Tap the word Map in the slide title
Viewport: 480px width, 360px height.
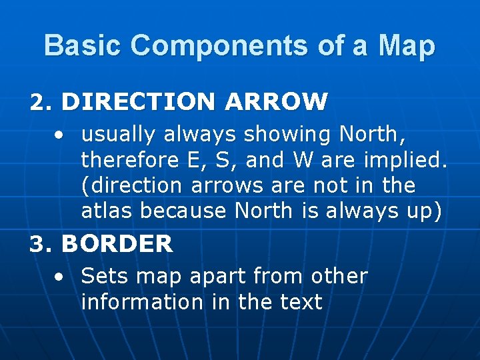click(x=407, y=45)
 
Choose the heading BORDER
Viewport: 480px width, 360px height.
click(x=117, y=244)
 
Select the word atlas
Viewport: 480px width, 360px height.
click(x=106, y=211)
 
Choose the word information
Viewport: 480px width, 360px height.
click(x=141, y=302)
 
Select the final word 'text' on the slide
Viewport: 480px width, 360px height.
click(x=301, y=302)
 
